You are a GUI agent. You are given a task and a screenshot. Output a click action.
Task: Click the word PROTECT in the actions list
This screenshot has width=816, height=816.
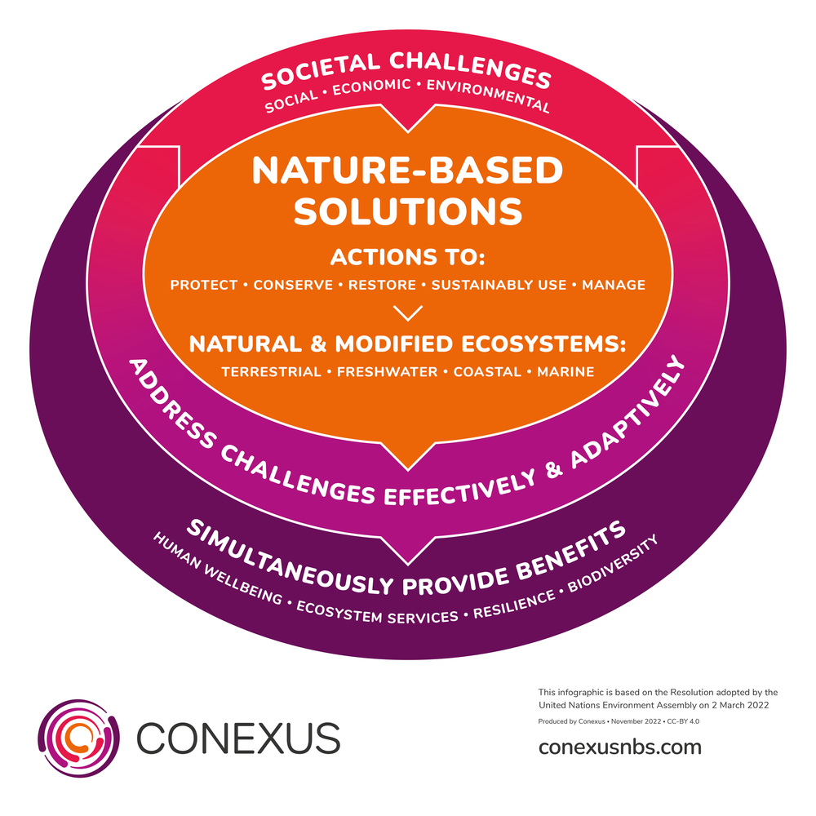click(x=205, y=285)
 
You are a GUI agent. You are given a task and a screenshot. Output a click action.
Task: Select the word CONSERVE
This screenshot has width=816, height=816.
click(x=293, y=285)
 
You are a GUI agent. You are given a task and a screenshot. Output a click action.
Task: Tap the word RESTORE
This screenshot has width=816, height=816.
click(x=383, y=285)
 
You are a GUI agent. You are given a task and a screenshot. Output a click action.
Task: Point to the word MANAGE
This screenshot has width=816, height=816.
click(x=613, y=285)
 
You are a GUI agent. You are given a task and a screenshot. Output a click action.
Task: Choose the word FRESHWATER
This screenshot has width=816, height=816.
click(x=388, y=372)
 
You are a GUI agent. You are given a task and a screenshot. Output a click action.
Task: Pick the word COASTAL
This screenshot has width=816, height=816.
click(x=487, y=372)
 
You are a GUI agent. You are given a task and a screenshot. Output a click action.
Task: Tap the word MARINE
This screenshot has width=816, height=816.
click(x=565, y=372)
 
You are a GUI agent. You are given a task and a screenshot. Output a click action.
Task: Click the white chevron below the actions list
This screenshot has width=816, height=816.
click(x=408, y=313)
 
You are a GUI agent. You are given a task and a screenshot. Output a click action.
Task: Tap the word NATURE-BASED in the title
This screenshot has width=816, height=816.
click(x=408, y=171)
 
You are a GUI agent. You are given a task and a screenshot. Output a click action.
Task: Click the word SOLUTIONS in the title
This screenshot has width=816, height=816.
click(x=408, y=211)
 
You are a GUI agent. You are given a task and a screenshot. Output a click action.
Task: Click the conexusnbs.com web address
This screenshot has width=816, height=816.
click(x=620, y=747)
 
